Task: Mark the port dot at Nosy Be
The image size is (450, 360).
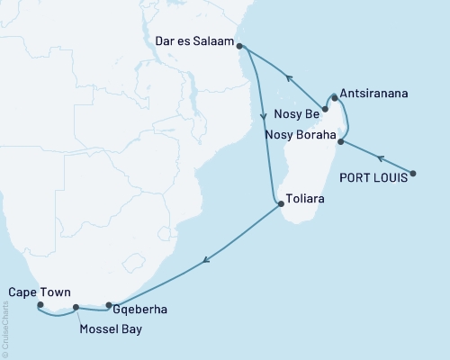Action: (325, 109)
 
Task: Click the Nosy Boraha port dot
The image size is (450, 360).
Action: (340, 141)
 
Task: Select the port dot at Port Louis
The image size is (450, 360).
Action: (413, 173)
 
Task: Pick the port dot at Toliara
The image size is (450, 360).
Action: (282, 203)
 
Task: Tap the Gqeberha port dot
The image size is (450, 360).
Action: (108, 305)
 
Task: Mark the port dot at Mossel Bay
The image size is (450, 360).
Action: (76, 308)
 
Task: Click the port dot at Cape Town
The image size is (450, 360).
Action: (40, 304)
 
